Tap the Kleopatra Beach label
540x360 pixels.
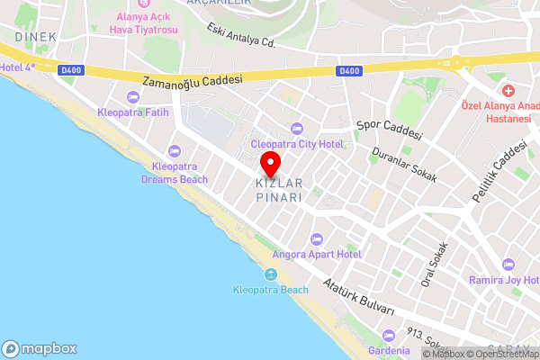270,290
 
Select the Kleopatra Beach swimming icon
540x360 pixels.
270,274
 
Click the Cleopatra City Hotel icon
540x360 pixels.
297,129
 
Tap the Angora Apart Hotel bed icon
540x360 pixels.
315,239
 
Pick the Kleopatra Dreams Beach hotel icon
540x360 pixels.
174,152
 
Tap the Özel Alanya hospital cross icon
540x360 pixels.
508,91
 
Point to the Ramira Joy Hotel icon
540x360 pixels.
508,265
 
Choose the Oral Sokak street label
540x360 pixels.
434,265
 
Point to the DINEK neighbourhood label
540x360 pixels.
35,37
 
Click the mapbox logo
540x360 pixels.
40,348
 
